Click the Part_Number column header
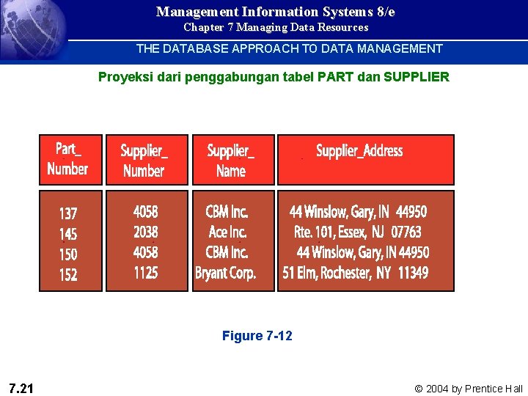[67, 159]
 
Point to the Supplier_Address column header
[359, 151]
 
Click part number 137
[67, 213]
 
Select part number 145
[67, 234]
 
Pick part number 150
[67, 254]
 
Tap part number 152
[67, 275]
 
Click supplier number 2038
[145, 232]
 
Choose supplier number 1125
[145, 274]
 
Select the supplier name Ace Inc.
[227, 232]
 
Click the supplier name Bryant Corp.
[226, 274]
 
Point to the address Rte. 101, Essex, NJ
[357, 232]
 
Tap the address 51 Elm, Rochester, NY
[356, 274]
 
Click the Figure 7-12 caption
[257, 336]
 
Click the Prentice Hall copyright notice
[469, 389]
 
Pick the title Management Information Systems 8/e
[276, 12]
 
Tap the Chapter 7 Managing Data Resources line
[276, 28]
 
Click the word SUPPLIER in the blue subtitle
[416, 77]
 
